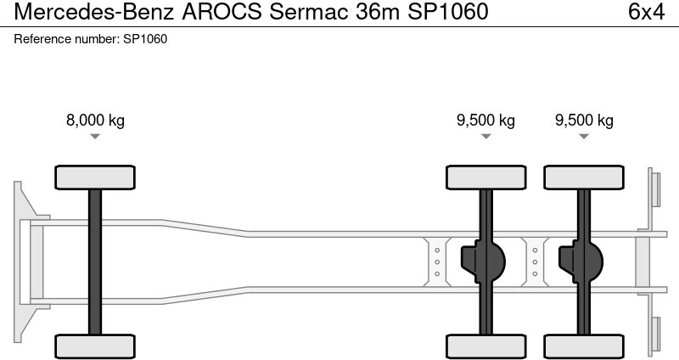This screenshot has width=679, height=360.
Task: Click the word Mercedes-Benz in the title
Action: [x=91, y=13]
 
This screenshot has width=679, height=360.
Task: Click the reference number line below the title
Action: [x=91, y=40]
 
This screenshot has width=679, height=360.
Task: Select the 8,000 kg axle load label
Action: [x=95, y=120]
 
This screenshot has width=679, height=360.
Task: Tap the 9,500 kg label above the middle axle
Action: [x=485, y=120]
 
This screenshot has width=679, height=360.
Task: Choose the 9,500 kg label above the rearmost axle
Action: [x=584, y=120]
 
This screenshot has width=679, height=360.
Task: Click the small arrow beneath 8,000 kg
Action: [x=95, y=136]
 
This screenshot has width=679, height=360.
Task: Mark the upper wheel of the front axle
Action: [x=95, y=177]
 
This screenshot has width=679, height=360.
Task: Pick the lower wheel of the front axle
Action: [x=95, y=346]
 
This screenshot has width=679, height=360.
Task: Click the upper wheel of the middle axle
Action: [x=486, y=177]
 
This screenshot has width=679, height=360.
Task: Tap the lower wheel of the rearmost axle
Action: [x=584, y=346]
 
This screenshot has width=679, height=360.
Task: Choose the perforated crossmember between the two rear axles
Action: [x=535, y=261]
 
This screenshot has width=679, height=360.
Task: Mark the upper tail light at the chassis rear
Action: [x=654, y=187]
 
